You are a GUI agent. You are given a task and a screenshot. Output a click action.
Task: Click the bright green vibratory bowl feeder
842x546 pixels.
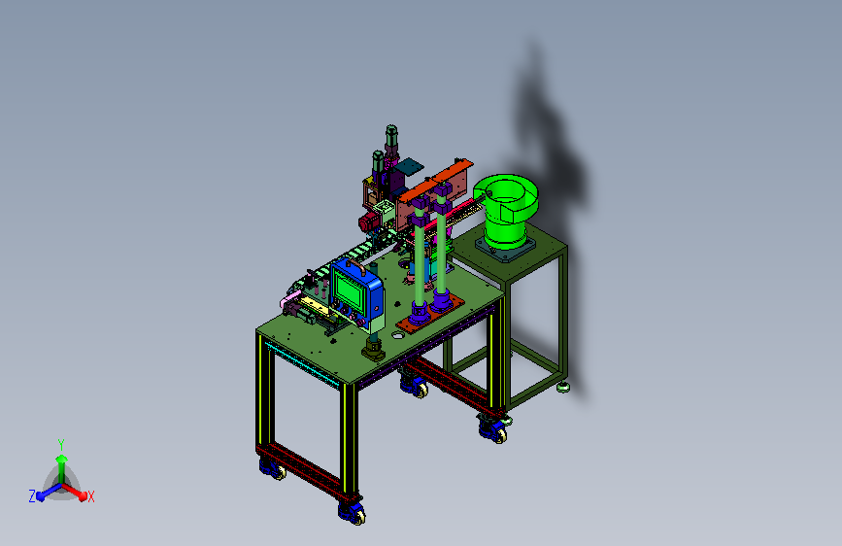coord(505,211)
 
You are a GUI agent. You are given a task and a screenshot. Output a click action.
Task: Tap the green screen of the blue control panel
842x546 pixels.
coord(348,290)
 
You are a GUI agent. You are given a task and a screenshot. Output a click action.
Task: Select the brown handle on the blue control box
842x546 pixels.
coord(354,266)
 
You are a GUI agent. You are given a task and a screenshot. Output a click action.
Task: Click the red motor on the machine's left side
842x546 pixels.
coord(368,221)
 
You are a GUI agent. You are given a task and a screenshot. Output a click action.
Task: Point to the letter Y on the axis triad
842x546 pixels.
coord(61,444)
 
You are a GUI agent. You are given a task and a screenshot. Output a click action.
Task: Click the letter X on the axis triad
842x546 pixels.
coord(90,497)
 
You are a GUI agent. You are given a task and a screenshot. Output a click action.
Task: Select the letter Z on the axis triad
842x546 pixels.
coord(32,496)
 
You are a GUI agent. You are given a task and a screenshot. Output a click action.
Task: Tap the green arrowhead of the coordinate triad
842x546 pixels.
coord(61,459)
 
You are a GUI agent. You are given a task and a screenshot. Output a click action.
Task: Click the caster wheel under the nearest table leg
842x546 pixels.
coord(353,513)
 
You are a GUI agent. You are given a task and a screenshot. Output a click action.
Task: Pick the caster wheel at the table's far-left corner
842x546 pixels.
coord(273,469)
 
